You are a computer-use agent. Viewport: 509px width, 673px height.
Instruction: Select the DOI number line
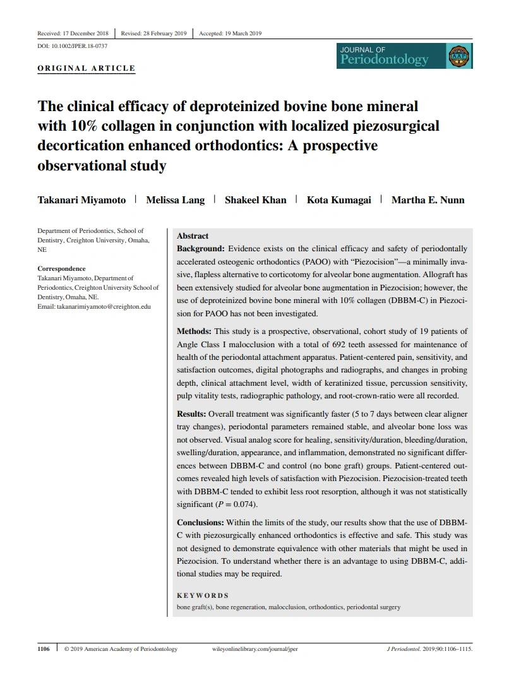73,47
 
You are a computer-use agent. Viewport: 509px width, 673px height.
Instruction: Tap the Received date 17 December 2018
73,33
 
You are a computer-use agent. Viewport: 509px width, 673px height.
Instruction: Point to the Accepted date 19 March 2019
230,33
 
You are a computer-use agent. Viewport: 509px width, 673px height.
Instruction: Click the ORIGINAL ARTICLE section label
87,68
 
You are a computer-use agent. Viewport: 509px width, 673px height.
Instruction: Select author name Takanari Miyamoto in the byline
81,200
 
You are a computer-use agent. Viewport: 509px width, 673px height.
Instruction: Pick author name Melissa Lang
176,200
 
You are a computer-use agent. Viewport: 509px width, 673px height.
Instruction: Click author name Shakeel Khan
256,200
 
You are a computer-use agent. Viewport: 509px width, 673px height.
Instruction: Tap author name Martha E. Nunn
428,200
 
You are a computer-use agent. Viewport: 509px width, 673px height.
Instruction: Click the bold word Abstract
193,236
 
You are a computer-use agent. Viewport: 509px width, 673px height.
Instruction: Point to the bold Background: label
200,249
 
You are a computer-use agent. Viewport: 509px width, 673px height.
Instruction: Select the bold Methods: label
195,331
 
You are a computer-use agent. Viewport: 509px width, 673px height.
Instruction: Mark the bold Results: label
191,414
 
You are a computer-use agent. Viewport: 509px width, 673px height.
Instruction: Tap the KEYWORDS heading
203,595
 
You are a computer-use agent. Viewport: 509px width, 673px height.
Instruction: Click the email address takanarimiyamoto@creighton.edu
104,306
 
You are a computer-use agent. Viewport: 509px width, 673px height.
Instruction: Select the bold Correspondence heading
61,269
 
